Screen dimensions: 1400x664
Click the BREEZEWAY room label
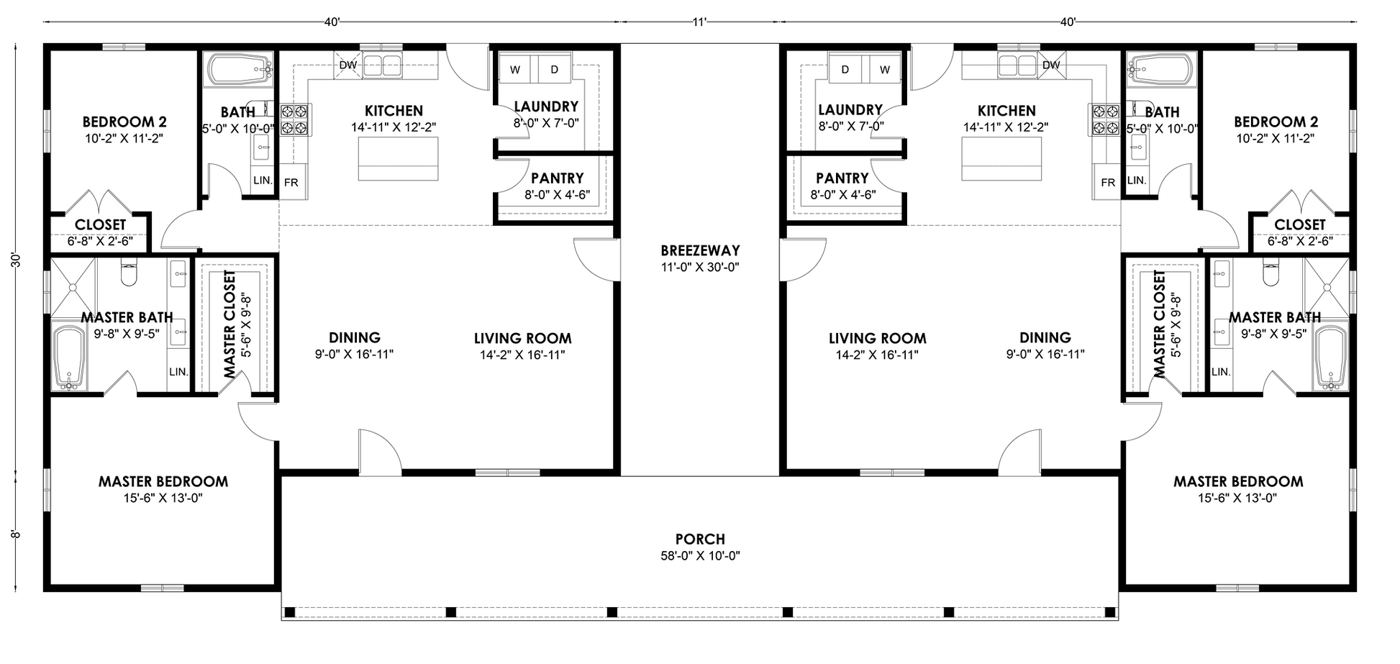(x=700, y=251)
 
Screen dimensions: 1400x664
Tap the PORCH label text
(x=700, y=539)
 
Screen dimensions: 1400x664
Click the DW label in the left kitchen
(x=347, y=65)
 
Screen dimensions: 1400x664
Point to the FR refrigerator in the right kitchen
(x=1108, y=183)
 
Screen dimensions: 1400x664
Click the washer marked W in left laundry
(x=515, y=70)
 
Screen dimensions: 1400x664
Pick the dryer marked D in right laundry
(x=845, y=69)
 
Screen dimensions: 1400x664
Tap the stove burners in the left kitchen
(x=295, y=119)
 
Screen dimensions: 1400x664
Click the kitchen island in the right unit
(x=1002, y=158)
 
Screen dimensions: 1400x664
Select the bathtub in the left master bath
(x=70, y=358)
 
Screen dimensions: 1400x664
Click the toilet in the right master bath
(x=1271, y=273)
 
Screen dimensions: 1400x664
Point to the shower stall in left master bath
(x=73, y=286)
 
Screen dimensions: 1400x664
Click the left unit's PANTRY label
(x=557, y=178)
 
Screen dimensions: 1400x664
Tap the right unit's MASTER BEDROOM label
(x=1237, y=481)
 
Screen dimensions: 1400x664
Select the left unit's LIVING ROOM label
(x=522, y=338)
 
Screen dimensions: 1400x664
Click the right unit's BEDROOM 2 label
(x=1276, y=122)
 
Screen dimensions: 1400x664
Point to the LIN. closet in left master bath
(x=178, y=372)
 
